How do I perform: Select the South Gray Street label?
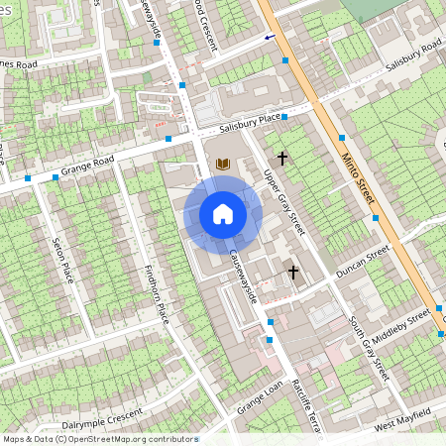click(x=368, y=347)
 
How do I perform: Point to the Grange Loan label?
click(x=260, y=395)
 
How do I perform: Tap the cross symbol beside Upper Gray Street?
click(x=282, y=158)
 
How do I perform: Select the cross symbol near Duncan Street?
click(x=292, y=271)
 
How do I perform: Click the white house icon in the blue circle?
click(x=223, y=214)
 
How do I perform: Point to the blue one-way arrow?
click(x=270, y=37)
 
